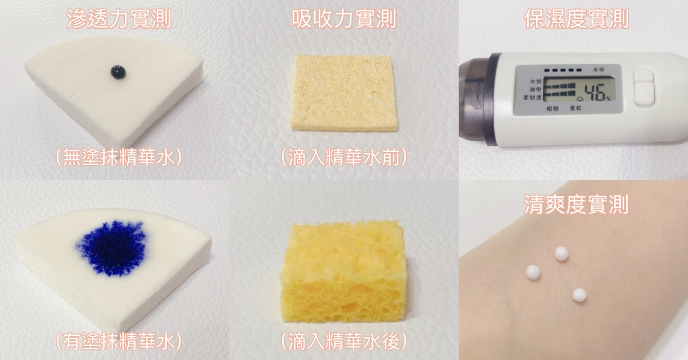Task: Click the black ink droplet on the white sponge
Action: pos(118,72)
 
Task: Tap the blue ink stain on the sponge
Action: pos(111,248)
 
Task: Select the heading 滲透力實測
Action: pos(119,18)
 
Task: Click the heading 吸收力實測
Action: pos(344,18)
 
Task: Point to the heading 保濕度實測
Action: pos(576,18)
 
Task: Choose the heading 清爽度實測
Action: pos(576,204)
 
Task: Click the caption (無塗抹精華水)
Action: pos(119,157)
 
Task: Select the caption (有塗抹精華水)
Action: pos(119,341)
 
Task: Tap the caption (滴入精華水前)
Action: pos(344,157)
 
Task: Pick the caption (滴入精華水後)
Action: pos(344,341)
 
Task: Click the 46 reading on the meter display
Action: pos(595,92)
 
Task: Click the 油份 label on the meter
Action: pos(535,89)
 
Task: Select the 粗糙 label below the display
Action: pos(553,108)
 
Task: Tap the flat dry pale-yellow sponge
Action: pos(343,93)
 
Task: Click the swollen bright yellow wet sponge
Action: pos(343,272)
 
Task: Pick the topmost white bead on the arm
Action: pos(561,255)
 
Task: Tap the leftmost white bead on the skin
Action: pos(533,273)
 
